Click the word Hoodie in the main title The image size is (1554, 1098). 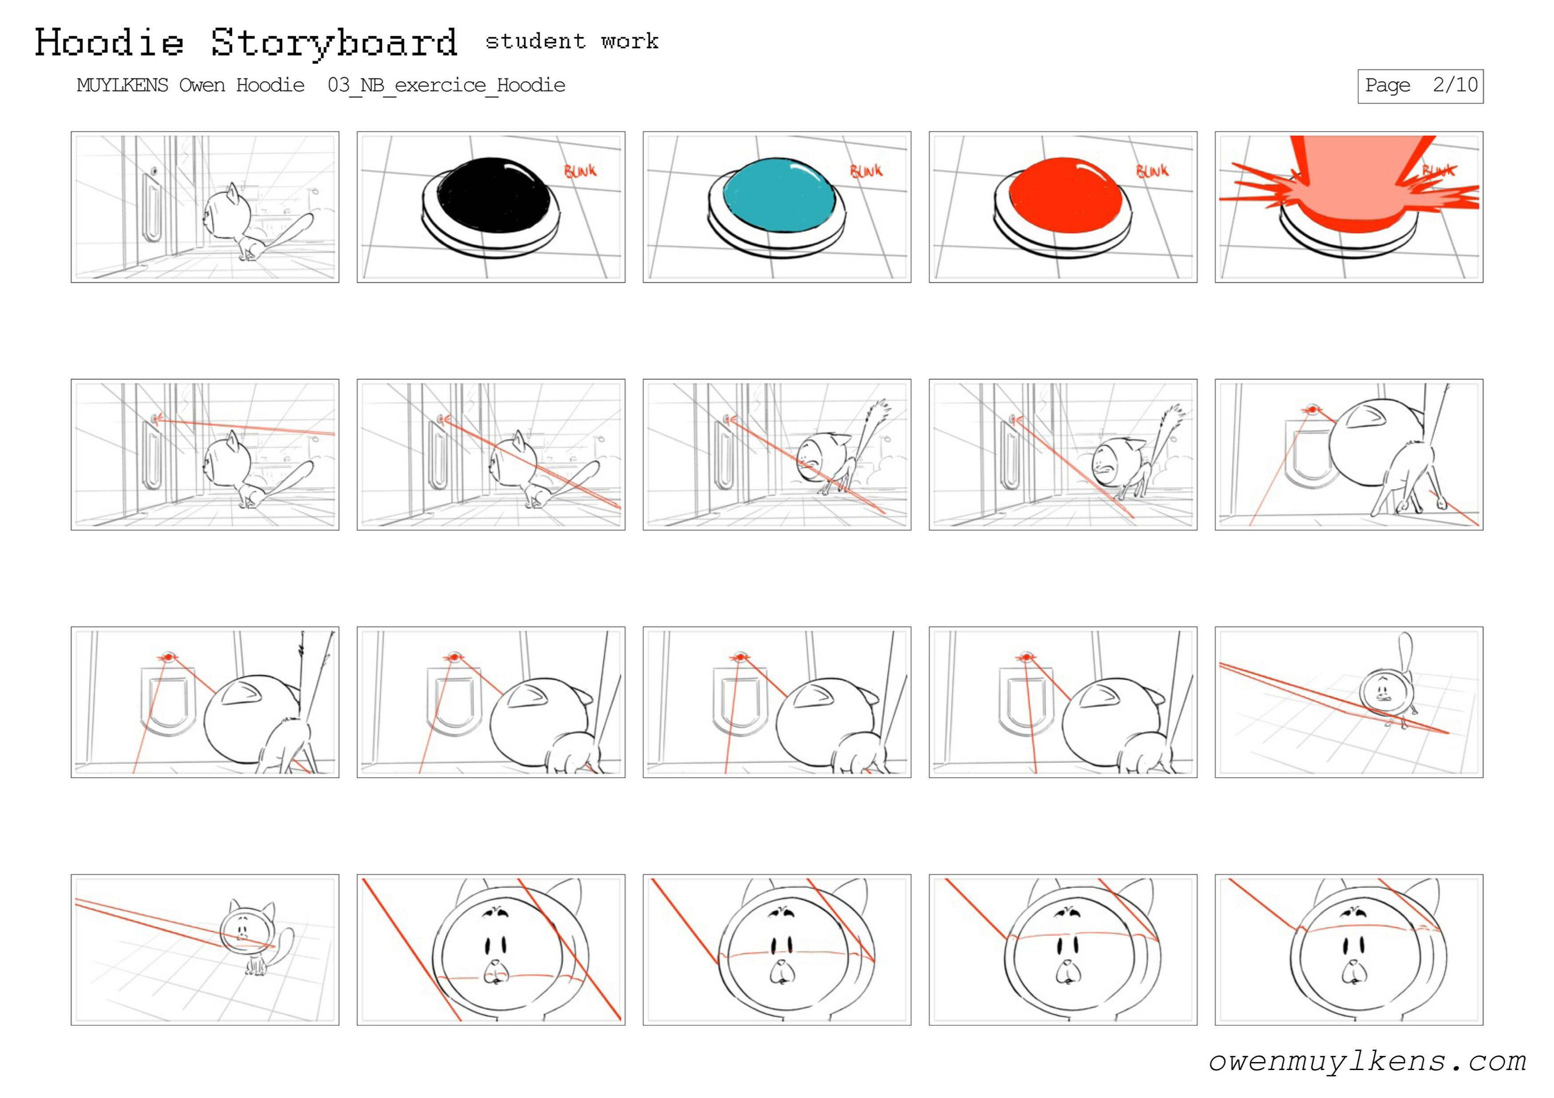click(x=109, y=43)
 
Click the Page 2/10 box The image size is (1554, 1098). click(x=1420, y=86)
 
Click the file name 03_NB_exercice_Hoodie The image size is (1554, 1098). click(x=447, y=86)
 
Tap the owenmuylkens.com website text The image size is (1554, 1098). click(x=1367, y=1061)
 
